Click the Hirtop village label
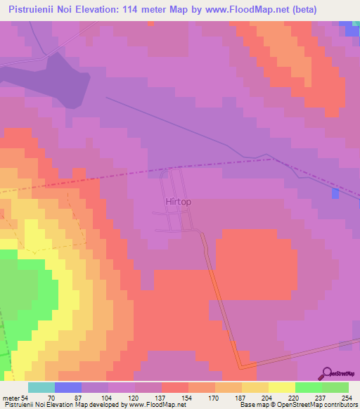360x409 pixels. pos(178,202)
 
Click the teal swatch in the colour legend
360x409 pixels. pos(41,388)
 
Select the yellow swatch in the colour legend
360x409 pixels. pos(282,388)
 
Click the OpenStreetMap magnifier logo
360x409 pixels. pos(327,373)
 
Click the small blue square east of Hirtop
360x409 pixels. pos(335,193)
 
